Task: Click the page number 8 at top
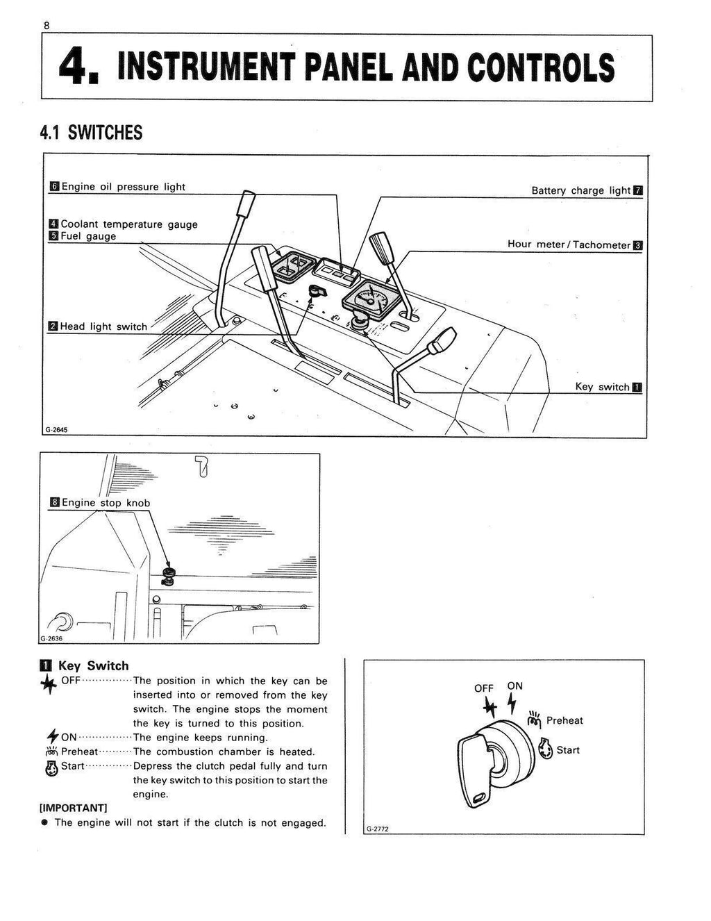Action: tap(47, 25)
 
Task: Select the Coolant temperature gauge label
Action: tap(128, 224)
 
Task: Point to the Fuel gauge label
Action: tap(88, 236)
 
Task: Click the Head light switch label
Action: tap(103, 326)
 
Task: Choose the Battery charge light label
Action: tap(580, 190)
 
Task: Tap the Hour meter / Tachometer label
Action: tap(569, 244)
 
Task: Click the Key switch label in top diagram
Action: tap(602, 387)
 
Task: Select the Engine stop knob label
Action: tap(106, 503)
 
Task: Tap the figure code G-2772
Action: tap(377, 829)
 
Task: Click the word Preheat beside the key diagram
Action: tap(564, 720)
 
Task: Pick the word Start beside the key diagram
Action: tap(567, 750)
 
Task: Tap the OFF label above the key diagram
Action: tap(484, 688)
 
